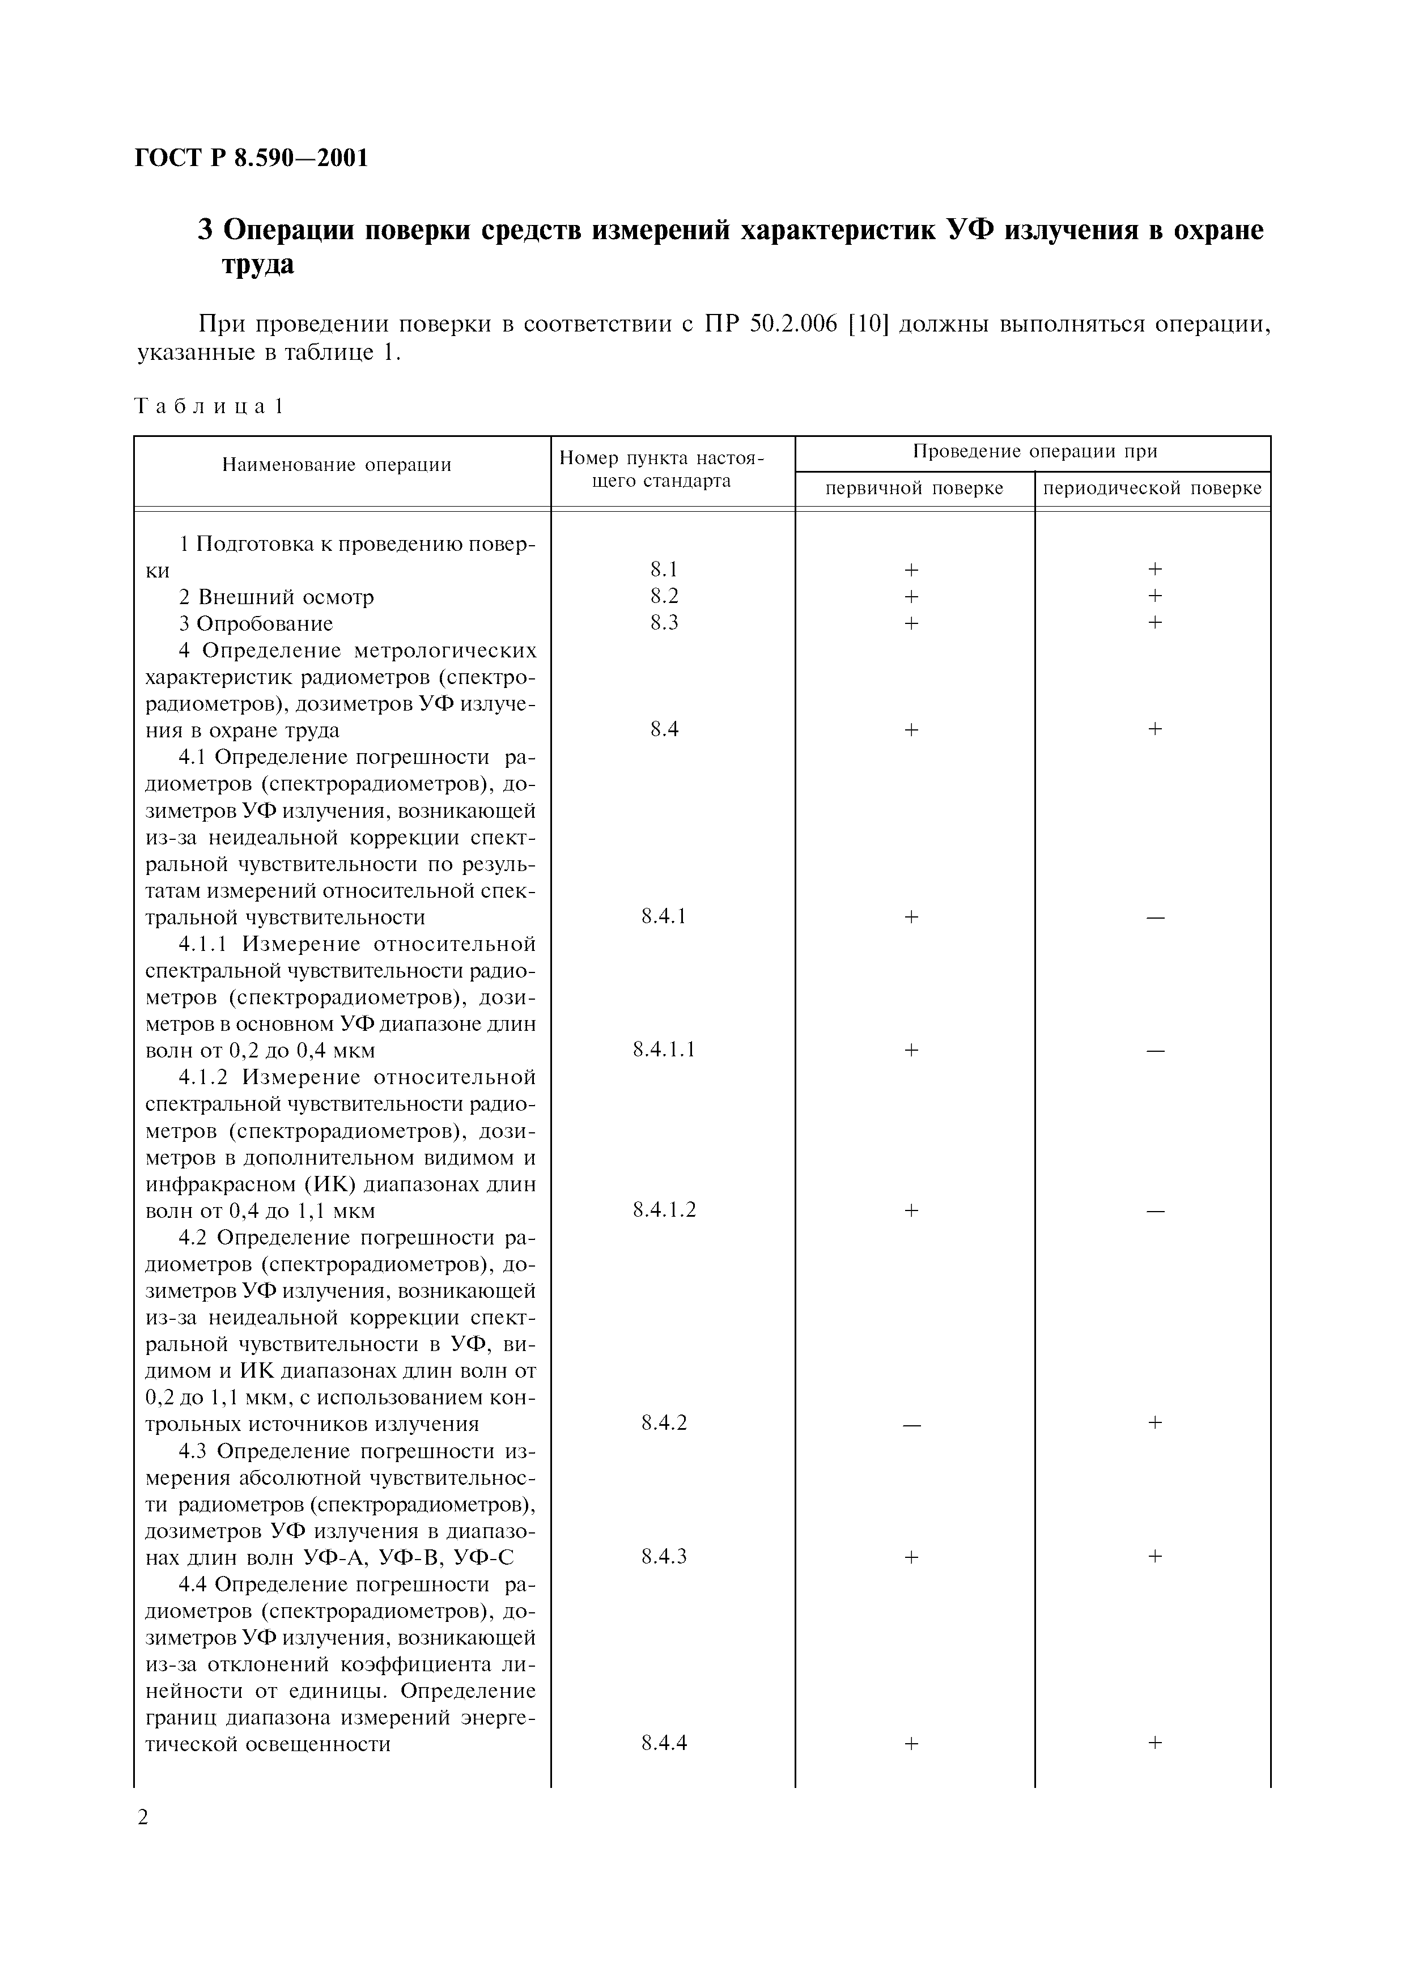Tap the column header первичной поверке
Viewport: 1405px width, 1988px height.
click(914, 488)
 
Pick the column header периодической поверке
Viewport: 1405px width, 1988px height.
click(1152, 488)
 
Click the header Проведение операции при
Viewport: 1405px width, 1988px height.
click(1034, 451)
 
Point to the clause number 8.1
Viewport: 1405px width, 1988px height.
click(664, 569)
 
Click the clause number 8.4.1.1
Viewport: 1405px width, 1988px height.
click(664, 1050)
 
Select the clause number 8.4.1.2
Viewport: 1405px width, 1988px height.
click(664, 1209)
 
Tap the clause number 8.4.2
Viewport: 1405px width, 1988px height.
click(664, 1422)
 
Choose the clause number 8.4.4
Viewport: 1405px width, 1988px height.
click(664, 1743)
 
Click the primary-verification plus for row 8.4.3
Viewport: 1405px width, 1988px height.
click(911, 1557)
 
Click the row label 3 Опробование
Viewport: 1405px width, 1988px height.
click(256, 623)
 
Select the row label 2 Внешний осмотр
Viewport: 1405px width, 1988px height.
click(276, 597)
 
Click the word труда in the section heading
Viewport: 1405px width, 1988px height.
click(258, 265)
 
